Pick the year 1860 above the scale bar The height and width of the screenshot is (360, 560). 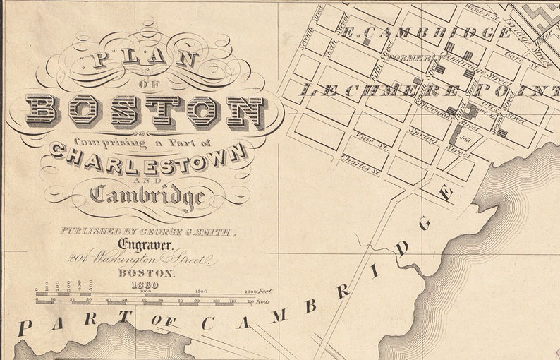tap(145, 284)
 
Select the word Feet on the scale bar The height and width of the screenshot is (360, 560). tap(265, 290)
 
